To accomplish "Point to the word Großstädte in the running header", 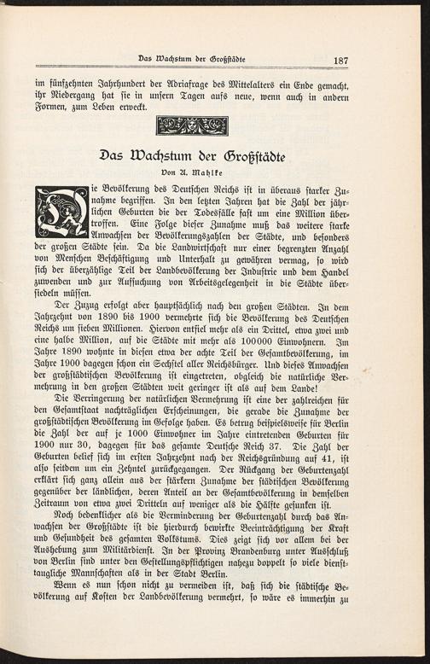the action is click(x=224, y=59).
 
